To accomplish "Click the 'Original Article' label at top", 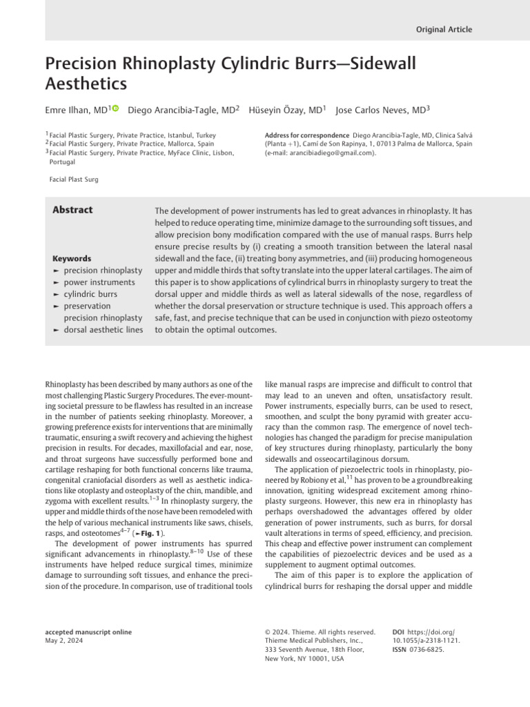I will coord(444,30).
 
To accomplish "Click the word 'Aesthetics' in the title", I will coord(86,84).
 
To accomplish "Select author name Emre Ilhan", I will coord(68,110).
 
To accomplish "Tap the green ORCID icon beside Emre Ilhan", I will coord(115,108).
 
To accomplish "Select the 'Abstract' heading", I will coord(72,210).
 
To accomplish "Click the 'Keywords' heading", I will coord(72,259).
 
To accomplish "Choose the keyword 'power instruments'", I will coord(100,282).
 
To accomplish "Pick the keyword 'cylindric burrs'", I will coord(90,293).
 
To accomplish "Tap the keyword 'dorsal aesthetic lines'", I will coord(104,329).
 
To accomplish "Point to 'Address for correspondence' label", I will coord(306,135).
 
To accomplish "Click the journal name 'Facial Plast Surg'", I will coord(74,180).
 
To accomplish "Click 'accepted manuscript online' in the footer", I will coord(88,632).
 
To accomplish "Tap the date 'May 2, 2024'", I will coord(63,641).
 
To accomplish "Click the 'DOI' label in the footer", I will coord(398,632).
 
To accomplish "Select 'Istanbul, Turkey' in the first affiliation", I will coord(190,135).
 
